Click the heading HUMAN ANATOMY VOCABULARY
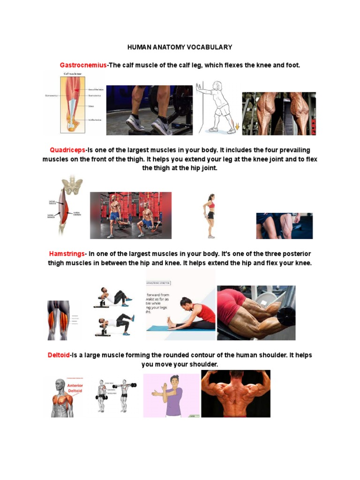tap(180, 47)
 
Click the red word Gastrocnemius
tap(83, 65)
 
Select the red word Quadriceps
tap(67, 150)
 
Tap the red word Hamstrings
tap(67, 254)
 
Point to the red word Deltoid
tap(59, 355)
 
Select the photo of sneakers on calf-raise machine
tap(149, 110)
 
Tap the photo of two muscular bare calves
tap(278, 113)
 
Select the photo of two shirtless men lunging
tap(130, 215)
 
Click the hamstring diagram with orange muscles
tap(58, 320)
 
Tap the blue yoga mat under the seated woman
tap(180, 328)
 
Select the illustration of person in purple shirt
tap(172, 395)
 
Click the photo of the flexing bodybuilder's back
tap(235, 393)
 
